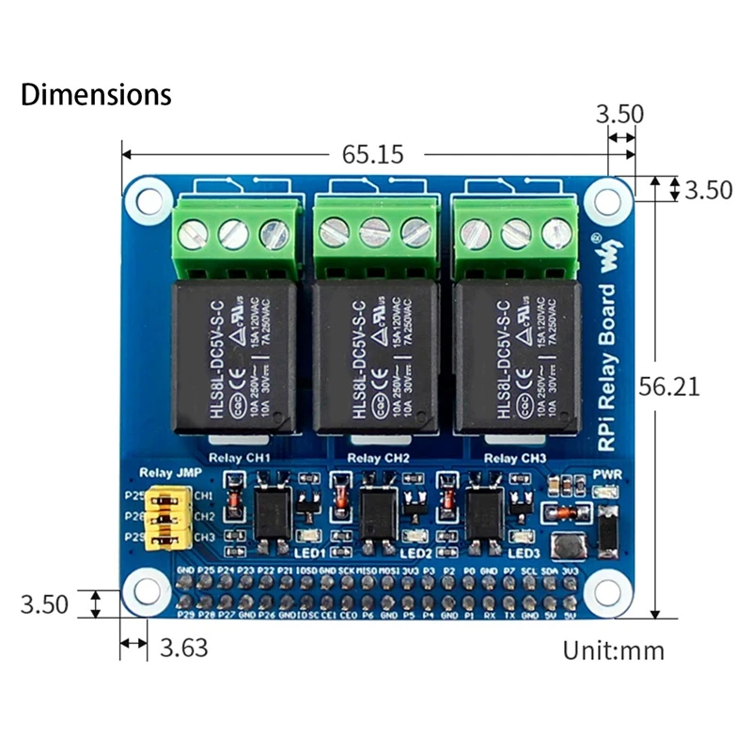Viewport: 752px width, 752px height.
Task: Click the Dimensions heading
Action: [x=96, y=95]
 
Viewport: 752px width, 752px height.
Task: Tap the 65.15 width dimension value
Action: [x=373, y=153]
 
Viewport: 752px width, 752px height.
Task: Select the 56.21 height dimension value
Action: [x=668, y=386]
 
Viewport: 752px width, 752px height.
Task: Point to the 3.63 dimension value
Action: [x=184, y=647]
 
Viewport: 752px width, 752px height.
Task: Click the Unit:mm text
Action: [x=613, y=650]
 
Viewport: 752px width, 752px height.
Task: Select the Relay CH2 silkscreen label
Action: [x=379, y=458]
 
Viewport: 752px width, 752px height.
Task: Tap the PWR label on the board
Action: [x=607, y=474]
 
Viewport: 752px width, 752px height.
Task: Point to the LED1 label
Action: [x=309, y=553]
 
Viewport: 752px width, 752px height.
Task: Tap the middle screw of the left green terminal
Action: [x=233, y=232]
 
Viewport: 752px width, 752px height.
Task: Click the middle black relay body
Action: [x=374, y=357]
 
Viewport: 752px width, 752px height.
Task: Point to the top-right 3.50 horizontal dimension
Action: [x=619, y=115]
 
